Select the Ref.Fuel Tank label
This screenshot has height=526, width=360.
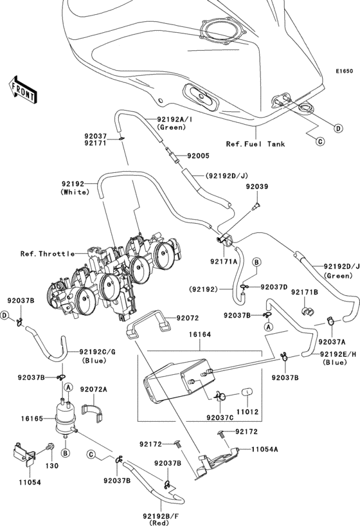point(255,143)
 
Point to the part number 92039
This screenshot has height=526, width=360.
point(256,186)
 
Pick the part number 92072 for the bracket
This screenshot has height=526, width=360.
point(188,318)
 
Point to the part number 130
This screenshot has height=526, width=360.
point(51,464)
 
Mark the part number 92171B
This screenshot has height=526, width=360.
point(305,293)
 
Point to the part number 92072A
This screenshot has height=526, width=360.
point(94,390)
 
